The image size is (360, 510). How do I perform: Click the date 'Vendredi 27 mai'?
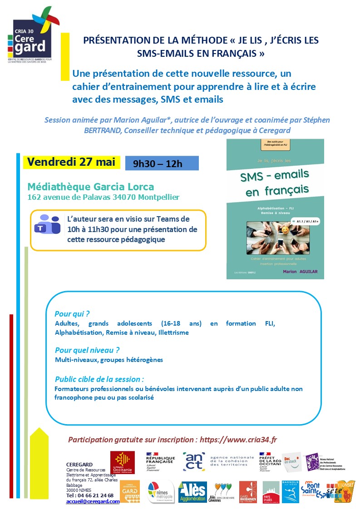(x=71, y=162)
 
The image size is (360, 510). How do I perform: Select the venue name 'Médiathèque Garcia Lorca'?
(x=91, y=187)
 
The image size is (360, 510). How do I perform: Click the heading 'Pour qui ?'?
(x=72, y=314)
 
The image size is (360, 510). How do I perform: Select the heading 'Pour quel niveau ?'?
(x=87, y=350)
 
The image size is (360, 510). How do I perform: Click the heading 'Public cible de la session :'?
(x=99, y=379)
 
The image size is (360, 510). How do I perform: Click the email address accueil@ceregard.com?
(x=93, y=501)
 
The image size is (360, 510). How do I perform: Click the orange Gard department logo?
(x=129, y=492)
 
